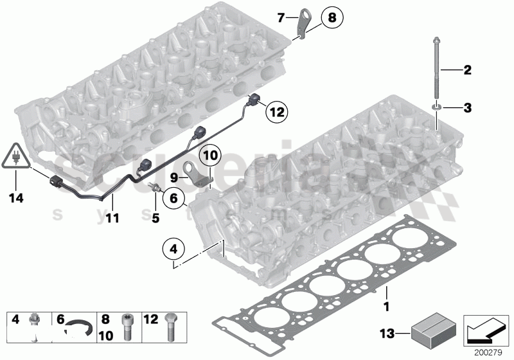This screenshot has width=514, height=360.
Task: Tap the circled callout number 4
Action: pyautogui.click(x=172, y=248)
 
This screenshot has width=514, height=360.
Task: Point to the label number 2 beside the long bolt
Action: pyautogui.click(x=467, y=69)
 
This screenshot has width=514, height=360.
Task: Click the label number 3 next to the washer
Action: pyautogui.click(x=467, y=108)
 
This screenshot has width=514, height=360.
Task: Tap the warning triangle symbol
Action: pyautogui.click(x=15, y=156)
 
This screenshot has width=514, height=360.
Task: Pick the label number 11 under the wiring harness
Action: pyautogui.click(x=112, y=219)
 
